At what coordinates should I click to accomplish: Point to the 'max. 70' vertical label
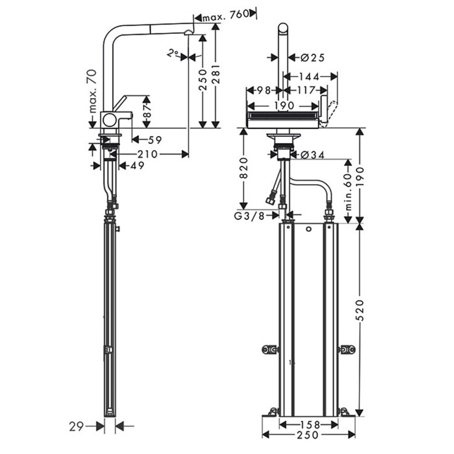pyautogui.click(x=92, y=91)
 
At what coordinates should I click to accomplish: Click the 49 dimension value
pyautogui.click(x=137, y=165)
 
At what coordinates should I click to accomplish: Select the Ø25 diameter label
pyautogui.click(x=312, y=58)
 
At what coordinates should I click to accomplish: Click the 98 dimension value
pyautogui.click(x=262, y=91)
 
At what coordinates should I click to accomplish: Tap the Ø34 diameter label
pyautogui.click(x=313, y=155)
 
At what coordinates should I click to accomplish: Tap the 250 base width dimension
pyautogui.click(x=308, y=435)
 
